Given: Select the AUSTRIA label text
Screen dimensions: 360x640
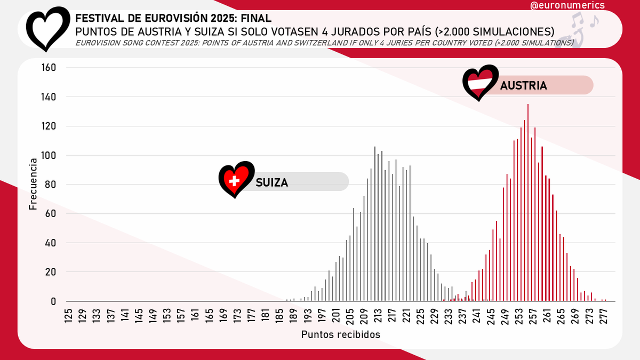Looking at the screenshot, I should point(523,85).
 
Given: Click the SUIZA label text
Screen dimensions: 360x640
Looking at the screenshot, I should point(271,182).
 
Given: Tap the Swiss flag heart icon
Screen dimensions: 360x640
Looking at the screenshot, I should point(235,180).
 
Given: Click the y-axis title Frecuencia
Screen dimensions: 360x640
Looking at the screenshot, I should point(33,183).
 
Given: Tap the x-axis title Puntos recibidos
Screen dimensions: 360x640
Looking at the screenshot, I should point(341,334).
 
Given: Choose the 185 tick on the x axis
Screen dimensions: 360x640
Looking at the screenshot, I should point(279,314).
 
